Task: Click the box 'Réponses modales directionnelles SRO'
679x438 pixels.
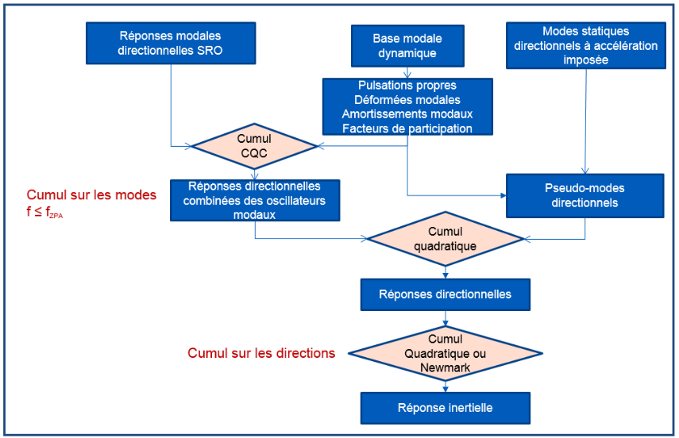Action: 171,44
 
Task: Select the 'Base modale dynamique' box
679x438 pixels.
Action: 407,45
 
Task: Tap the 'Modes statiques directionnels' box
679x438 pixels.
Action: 585,44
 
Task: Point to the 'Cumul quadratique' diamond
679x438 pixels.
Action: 445,238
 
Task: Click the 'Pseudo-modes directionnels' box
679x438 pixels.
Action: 586,196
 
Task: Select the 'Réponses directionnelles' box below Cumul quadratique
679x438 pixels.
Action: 445,294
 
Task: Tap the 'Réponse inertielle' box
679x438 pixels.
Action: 445,408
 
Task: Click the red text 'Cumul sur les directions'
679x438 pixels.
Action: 261,353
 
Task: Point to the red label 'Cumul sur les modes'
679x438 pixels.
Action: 91,195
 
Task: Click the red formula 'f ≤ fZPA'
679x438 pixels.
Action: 44,212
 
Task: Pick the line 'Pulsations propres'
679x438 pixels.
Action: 407,86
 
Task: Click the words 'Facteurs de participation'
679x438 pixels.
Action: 407,129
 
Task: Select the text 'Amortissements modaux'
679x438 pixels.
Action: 407,114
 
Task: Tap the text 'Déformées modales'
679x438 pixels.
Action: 407,100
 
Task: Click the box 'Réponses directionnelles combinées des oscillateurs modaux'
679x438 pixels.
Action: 254,200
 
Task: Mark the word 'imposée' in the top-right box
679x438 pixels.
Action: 585,60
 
